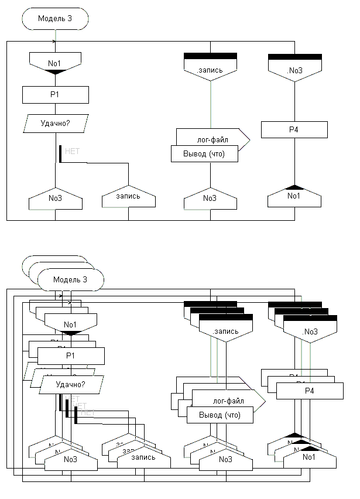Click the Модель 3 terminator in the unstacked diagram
55,18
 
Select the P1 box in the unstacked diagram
55,94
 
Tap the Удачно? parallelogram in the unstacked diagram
55,124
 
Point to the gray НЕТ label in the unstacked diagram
72,151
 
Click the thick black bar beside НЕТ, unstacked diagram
60,153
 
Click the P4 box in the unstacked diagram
294,129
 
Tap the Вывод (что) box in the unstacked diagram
205,154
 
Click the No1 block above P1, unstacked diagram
55,62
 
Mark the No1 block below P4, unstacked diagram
294,196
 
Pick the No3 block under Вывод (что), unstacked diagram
210,199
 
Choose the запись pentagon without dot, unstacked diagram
129,197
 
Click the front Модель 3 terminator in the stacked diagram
70,279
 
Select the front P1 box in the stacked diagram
71,356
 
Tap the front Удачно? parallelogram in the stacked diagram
71,384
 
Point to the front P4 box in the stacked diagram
310,390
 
